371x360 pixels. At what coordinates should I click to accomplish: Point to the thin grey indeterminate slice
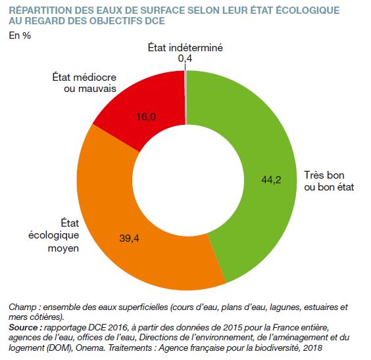tap(185, 97)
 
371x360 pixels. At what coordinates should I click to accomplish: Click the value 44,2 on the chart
tap(271, 180)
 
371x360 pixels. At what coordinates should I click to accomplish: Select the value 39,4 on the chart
tap(129, 238)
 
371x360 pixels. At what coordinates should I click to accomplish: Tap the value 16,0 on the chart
tap(146, 117)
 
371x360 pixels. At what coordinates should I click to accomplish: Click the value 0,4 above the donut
tap(185, 58)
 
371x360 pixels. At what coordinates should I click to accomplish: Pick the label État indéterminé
tap(185, 48)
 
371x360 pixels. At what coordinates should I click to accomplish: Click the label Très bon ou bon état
tap(329, 181)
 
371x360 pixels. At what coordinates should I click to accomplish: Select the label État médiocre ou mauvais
tap(84, 83)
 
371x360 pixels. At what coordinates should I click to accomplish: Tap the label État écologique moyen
tap(54, 236)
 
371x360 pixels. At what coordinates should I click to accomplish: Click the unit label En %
tap(20, 35)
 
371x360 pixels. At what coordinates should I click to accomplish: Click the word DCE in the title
tap(155, 21)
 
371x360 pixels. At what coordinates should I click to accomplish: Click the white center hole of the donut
tap(188, 180)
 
